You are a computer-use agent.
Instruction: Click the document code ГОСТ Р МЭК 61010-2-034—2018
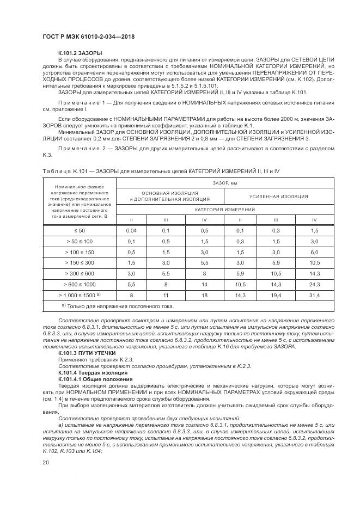[x=88, y=36]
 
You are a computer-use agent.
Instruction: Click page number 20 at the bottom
[x=46, y=463]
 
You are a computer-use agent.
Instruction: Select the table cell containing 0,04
[x=131, y=231]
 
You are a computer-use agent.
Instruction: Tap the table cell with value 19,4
[x=276, y=295]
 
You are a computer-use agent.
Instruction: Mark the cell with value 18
[x=204, y=295]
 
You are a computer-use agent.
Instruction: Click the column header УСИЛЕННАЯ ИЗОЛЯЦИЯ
[x=278, y=196]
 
